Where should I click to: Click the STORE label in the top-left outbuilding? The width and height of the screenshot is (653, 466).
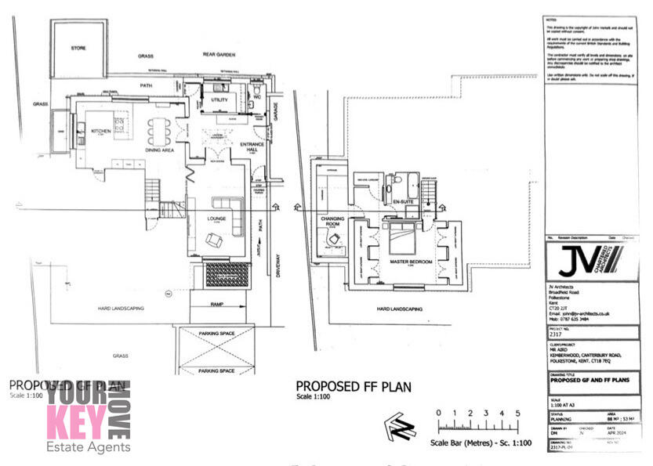[x=78, y=48]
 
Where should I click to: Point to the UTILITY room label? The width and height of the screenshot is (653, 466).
[x=219, y=101]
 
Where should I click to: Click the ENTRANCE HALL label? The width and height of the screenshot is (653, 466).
[x=252, y=147]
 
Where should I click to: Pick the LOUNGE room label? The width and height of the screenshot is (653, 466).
[x=216, y=219]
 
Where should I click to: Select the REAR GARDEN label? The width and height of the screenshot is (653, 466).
[x=219, y=56]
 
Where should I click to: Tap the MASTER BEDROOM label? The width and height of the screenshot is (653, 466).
[x=412, y=261]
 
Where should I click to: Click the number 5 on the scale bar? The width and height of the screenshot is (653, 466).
[x=517, y=413]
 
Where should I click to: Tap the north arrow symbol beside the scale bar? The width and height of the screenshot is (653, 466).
[x=399, y=428]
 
